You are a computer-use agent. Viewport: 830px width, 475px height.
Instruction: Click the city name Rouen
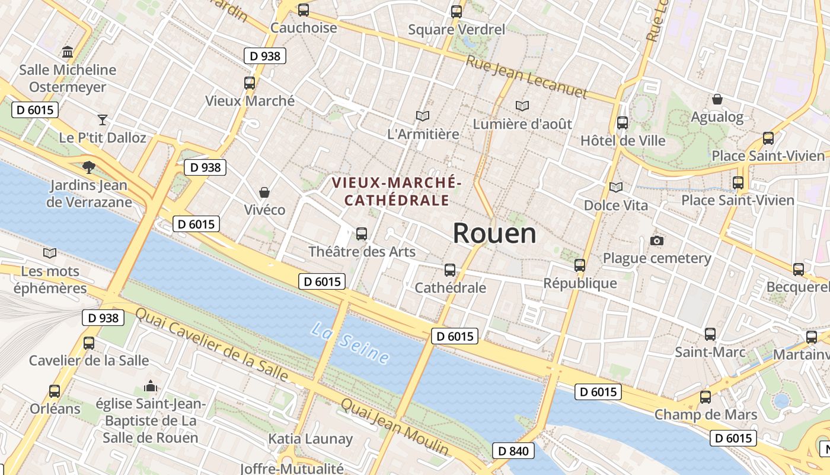[x=494, y=233]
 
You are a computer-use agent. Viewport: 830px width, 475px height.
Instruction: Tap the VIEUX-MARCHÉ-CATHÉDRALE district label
[x=397, y=191]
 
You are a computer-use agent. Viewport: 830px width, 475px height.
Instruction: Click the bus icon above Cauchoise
[x=304, y=10]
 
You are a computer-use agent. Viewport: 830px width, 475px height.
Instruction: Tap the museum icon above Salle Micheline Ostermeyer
[x=68, y=52]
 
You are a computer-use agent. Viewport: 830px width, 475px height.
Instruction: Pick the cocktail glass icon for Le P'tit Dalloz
[x=103, y=120]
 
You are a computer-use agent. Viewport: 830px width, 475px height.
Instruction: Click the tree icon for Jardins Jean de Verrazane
[x=89, y=167]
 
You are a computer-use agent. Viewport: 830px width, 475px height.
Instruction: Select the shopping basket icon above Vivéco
[x=264, y=192]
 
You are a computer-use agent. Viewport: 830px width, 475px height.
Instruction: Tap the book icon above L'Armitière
[x=422, y=116]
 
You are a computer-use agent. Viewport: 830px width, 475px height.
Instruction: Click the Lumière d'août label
[x=522, y=123]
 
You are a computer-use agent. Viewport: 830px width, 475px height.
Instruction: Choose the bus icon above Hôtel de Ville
[x=622, y=123]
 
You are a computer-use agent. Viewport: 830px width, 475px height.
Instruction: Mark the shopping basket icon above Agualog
[x=717, y=99]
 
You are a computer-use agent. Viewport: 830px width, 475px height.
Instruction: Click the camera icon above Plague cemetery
[x=656, y=240]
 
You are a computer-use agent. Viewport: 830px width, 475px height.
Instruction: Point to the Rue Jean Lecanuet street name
[x=526, y=77]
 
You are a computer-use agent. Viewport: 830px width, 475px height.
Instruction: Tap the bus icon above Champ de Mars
[x=705, y=397]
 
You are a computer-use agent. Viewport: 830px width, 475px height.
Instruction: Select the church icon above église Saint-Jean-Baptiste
[x=151, y=387]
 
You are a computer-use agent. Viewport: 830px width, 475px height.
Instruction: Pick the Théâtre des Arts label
[x=362, y=251]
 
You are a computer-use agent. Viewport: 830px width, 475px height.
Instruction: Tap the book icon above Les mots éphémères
[x=50, y=254]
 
